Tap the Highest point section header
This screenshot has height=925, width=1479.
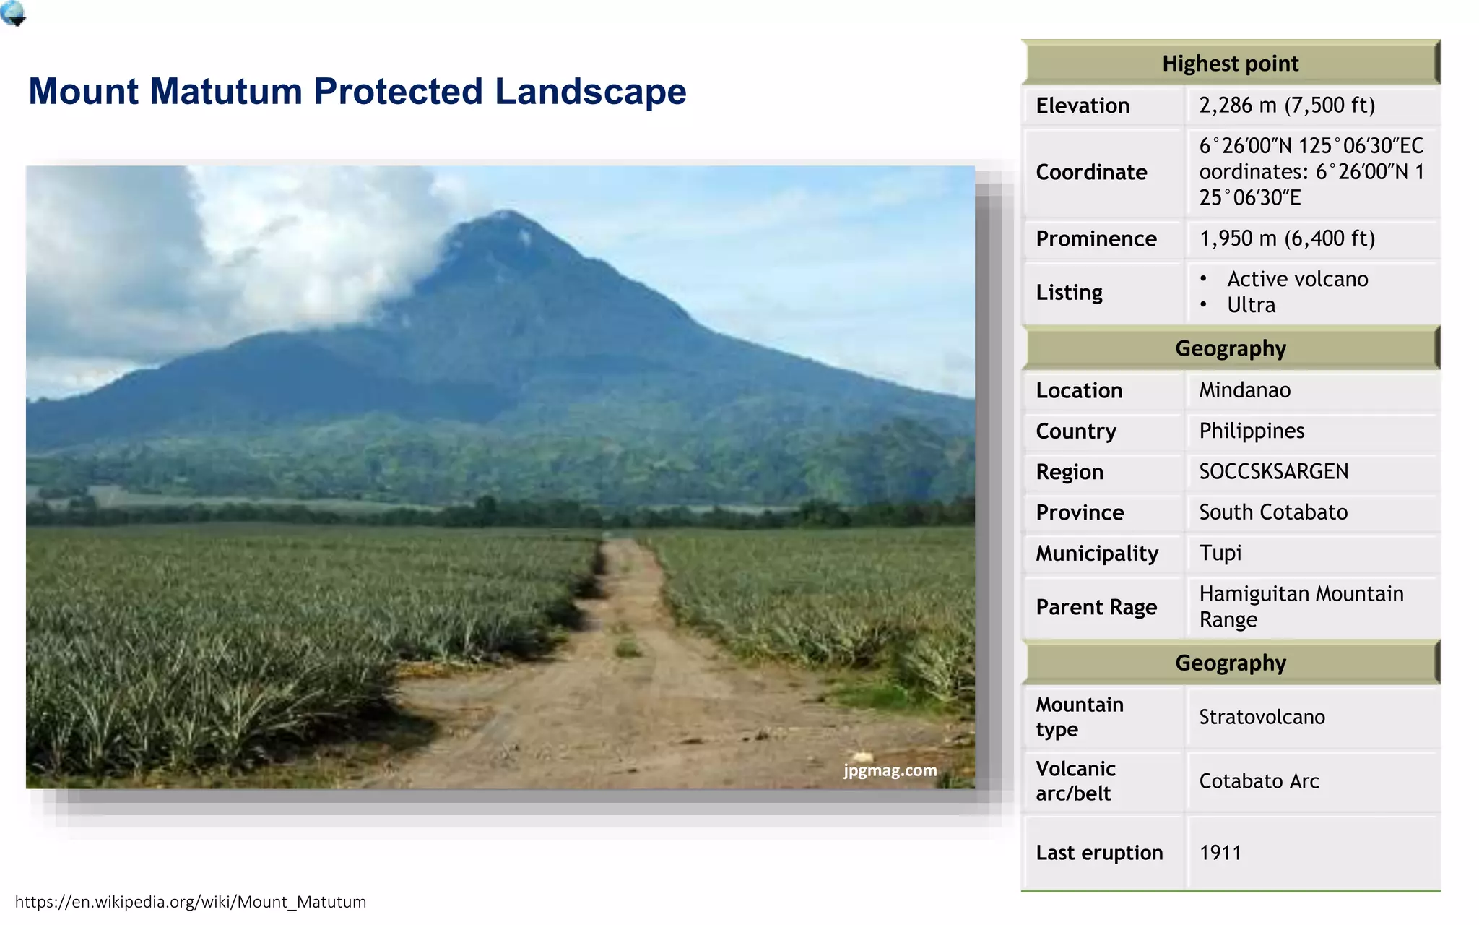1230,64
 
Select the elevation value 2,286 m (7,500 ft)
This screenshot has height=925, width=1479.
1287,106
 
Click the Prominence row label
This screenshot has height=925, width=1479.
1096,238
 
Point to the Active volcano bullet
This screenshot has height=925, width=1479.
1297,279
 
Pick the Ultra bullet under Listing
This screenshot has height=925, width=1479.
1251,305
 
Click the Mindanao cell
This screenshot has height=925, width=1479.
1244,390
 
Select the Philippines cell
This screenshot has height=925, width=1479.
1252,431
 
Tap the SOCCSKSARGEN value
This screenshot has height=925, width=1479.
1273,472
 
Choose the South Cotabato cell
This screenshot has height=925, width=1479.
1273,512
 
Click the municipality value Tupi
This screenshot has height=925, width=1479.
1220,553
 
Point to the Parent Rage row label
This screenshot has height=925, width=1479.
1096,607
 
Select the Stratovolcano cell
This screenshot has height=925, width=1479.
1262,717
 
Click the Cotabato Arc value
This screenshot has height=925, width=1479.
1259,781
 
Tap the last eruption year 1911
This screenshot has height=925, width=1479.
1220,853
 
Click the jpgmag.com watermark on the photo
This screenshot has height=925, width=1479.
890,770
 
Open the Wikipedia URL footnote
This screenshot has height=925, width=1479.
191,902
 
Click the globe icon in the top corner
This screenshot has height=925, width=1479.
13,13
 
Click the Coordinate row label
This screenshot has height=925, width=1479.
1090,172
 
